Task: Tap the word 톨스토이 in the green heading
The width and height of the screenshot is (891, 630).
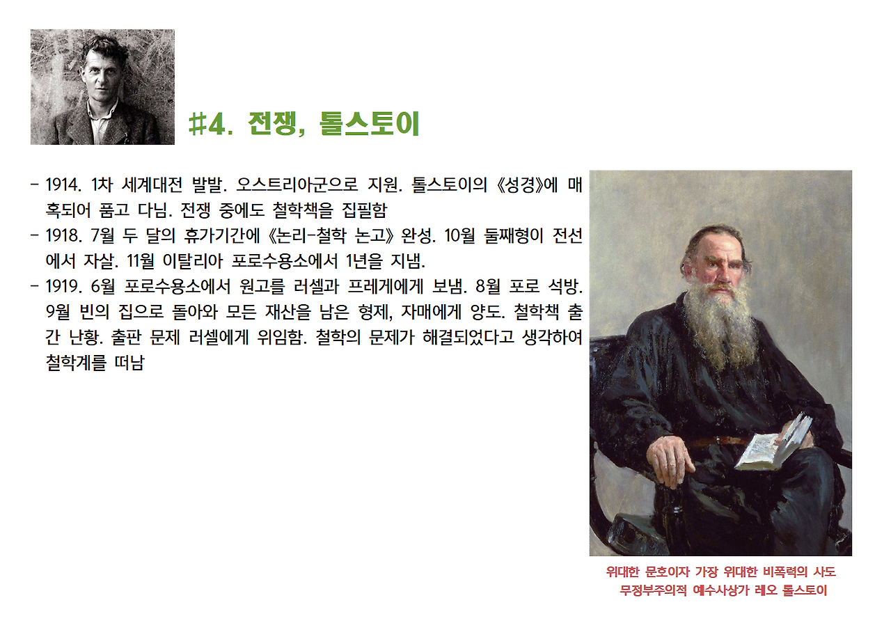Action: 369,125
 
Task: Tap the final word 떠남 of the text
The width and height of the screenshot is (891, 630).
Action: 127,363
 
